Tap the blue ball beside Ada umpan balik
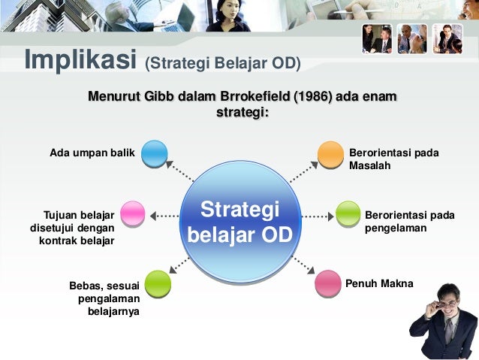tap(154, 153)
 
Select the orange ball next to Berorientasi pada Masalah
tap(330, 153)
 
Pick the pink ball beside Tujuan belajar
tap(133, 214)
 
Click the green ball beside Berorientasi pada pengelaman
tap(348, 214)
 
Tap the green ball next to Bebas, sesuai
tap(157, 283)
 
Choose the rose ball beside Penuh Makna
tap(327, 283)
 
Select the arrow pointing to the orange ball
tap(303, 171)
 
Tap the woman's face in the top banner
tap(226, 11)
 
